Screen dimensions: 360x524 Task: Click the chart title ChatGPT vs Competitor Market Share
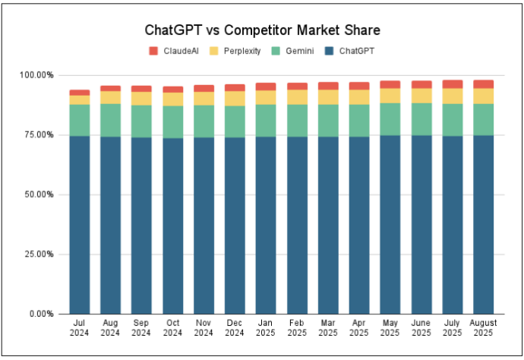262,31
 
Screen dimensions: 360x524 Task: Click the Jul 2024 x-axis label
80,327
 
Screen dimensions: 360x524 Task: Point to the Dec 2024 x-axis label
235,327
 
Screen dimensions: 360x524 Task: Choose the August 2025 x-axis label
482,327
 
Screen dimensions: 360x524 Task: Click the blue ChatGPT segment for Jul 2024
80,224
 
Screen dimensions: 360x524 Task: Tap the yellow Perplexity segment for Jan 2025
266,97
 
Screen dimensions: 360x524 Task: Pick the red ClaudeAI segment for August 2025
482,84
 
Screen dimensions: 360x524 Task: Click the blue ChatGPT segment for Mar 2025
328,224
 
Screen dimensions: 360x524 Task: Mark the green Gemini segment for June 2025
421,118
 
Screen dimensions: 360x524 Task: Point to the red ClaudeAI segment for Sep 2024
142,89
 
